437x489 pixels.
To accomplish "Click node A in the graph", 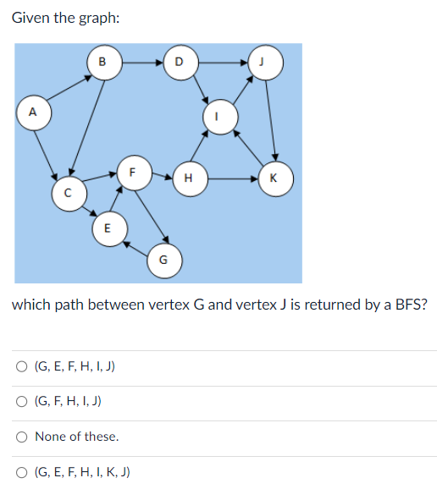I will coord(33,112).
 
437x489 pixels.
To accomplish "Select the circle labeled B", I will coord(102,62).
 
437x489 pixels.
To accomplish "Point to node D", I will coord(178,62).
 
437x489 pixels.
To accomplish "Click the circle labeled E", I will coord(107,228).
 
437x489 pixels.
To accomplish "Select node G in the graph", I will coord(163,259).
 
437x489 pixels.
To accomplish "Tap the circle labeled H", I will coord(187,179).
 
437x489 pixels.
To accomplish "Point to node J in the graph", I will coord(266,62).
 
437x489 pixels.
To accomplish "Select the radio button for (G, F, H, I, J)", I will coord(21,401).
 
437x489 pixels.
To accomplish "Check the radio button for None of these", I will coord(21,437).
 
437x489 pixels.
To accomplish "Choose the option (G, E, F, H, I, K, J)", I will coord(21,472).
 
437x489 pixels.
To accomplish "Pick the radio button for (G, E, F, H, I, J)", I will coord(21,366).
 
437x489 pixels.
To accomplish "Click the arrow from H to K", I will coord(230,179).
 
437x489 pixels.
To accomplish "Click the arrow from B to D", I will coord(140,62).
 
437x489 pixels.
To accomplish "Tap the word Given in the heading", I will coord(31,18).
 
